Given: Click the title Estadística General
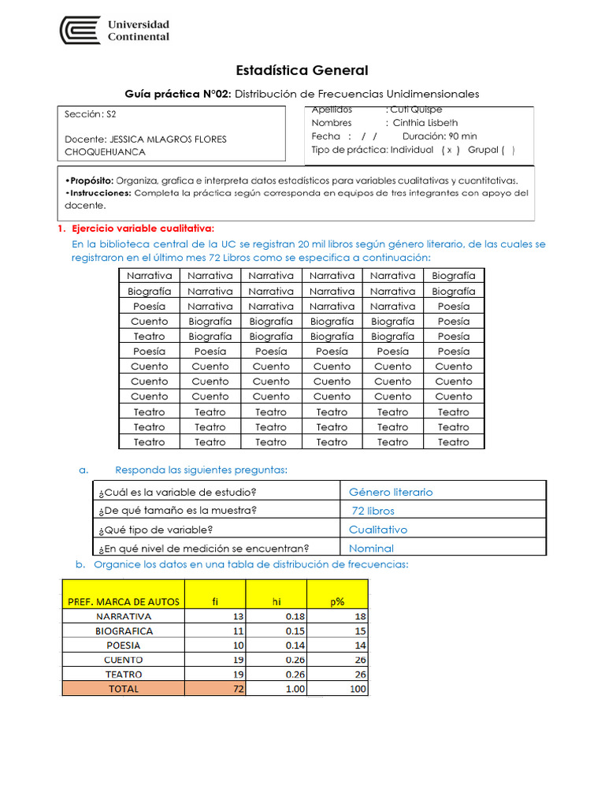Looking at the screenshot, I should click(302, 71).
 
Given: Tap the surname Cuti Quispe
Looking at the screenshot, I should click(417, 110).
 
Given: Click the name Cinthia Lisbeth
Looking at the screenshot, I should click(425, 123).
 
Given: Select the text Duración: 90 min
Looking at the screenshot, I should click(440, 136).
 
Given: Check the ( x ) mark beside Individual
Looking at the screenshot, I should click(451, 150).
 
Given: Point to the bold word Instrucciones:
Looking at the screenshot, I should click(98, 192).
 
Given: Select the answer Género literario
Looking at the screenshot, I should click(391, 492).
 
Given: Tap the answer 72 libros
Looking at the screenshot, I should click(373, 511).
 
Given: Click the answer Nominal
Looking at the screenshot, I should click(371, 549).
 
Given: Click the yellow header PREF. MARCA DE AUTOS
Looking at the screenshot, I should click(124, 601).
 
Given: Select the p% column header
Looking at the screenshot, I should click(337, 601).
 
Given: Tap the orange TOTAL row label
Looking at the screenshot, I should click(124, 689).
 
